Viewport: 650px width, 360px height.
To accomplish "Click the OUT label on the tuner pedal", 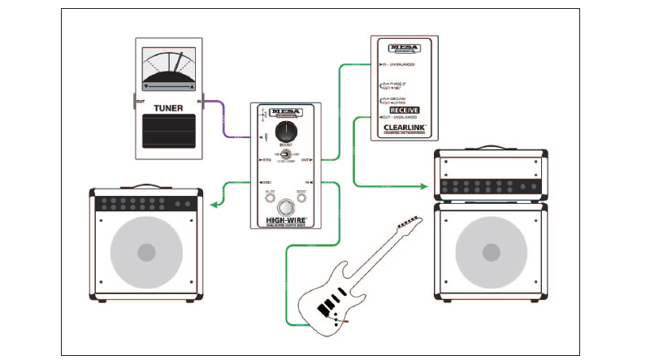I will [141, 102].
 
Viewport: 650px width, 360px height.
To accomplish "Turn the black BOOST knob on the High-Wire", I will [285, 133].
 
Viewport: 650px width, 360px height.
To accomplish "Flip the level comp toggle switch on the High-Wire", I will [285, 154].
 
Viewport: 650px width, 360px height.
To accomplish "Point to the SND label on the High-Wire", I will [266, 183].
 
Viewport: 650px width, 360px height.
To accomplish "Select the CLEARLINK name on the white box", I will [405, 128].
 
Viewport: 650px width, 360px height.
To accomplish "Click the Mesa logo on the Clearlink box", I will [405, 48].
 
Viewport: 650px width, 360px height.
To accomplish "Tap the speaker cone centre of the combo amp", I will [145, 253].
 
